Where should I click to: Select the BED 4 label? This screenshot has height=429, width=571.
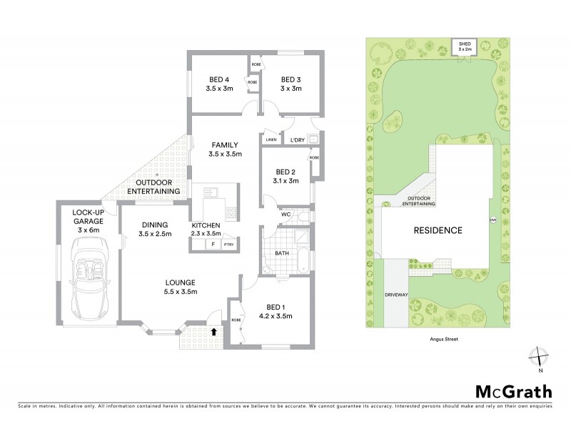(219, 79)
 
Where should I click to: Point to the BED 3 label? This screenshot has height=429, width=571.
(291, 79)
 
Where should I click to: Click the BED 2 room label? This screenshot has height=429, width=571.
(285, 172)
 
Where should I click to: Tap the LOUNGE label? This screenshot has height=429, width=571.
(178, 282)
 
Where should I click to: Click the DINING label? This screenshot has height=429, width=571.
(155, 224)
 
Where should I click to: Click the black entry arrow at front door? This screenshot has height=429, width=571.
(216, 331)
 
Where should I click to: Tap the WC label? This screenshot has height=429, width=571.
(285, 214)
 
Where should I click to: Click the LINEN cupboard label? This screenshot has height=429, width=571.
(271, 140)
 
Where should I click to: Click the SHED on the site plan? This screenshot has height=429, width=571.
(464, 48)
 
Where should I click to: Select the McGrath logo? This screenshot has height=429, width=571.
(514, 391)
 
